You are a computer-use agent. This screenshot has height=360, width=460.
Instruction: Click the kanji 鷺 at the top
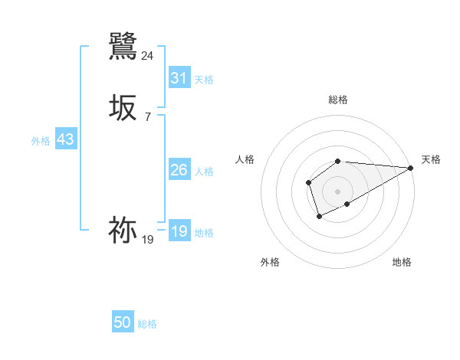coord(123,46)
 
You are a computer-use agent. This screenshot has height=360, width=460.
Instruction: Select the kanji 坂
coord(123,108)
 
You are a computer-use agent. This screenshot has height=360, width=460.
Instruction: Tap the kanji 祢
coord(123,230)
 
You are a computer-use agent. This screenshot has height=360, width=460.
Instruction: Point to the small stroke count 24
coord(148,55)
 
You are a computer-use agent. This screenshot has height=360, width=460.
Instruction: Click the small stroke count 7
coord(148,116)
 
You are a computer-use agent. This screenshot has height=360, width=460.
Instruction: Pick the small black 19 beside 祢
coord(148,239)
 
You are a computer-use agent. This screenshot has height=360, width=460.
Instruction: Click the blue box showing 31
coord(179,77)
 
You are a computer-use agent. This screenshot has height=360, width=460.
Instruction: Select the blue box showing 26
coord(179,170)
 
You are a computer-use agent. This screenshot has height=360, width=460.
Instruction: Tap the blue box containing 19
coord(179,231)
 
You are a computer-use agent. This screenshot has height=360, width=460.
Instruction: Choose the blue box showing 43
coord(65,140)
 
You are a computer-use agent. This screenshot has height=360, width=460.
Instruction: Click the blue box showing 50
coord(123,322)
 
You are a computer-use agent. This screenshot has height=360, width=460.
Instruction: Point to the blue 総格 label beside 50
coord(147,324)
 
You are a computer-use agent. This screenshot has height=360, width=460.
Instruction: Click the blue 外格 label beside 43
coord(41,141)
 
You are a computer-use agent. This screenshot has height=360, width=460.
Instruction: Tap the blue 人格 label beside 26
coord(204,172)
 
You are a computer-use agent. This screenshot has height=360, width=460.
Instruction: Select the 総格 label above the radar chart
coord(338,100)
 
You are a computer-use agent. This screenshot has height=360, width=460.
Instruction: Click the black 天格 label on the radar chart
coord(432,159)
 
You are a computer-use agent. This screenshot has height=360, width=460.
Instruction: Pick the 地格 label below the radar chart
coord(402,262)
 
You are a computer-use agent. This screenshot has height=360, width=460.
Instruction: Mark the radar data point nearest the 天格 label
coord(411,168)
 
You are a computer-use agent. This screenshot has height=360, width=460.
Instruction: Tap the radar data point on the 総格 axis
coord(338,161)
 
